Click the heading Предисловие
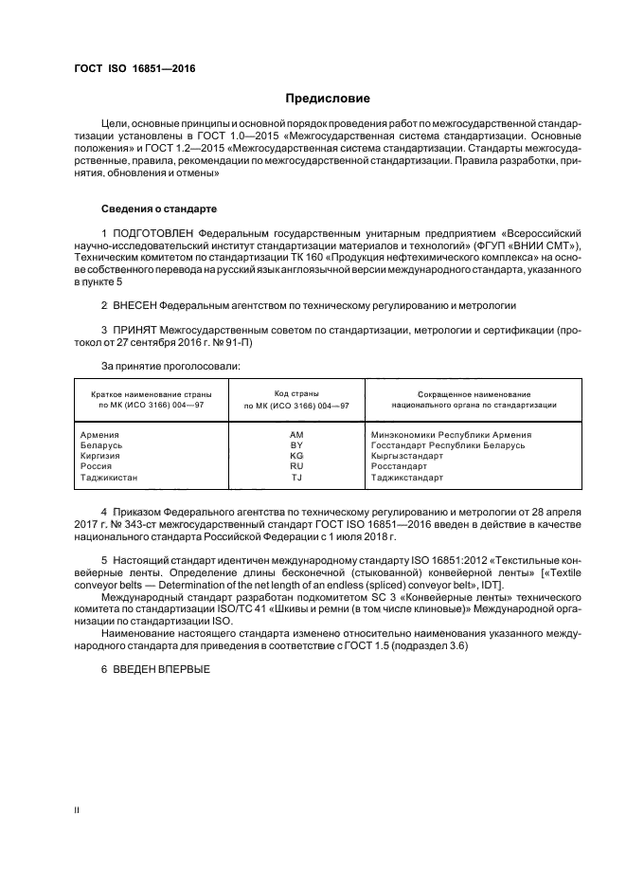[329, 99]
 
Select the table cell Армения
[100, 433]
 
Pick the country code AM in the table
[295, 433]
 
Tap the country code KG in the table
[295, 456]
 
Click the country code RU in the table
[295, 466]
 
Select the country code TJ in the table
[295, 478]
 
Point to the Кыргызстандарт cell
[407, 456]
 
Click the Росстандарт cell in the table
[401, 466]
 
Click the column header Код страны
[295, 392]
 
